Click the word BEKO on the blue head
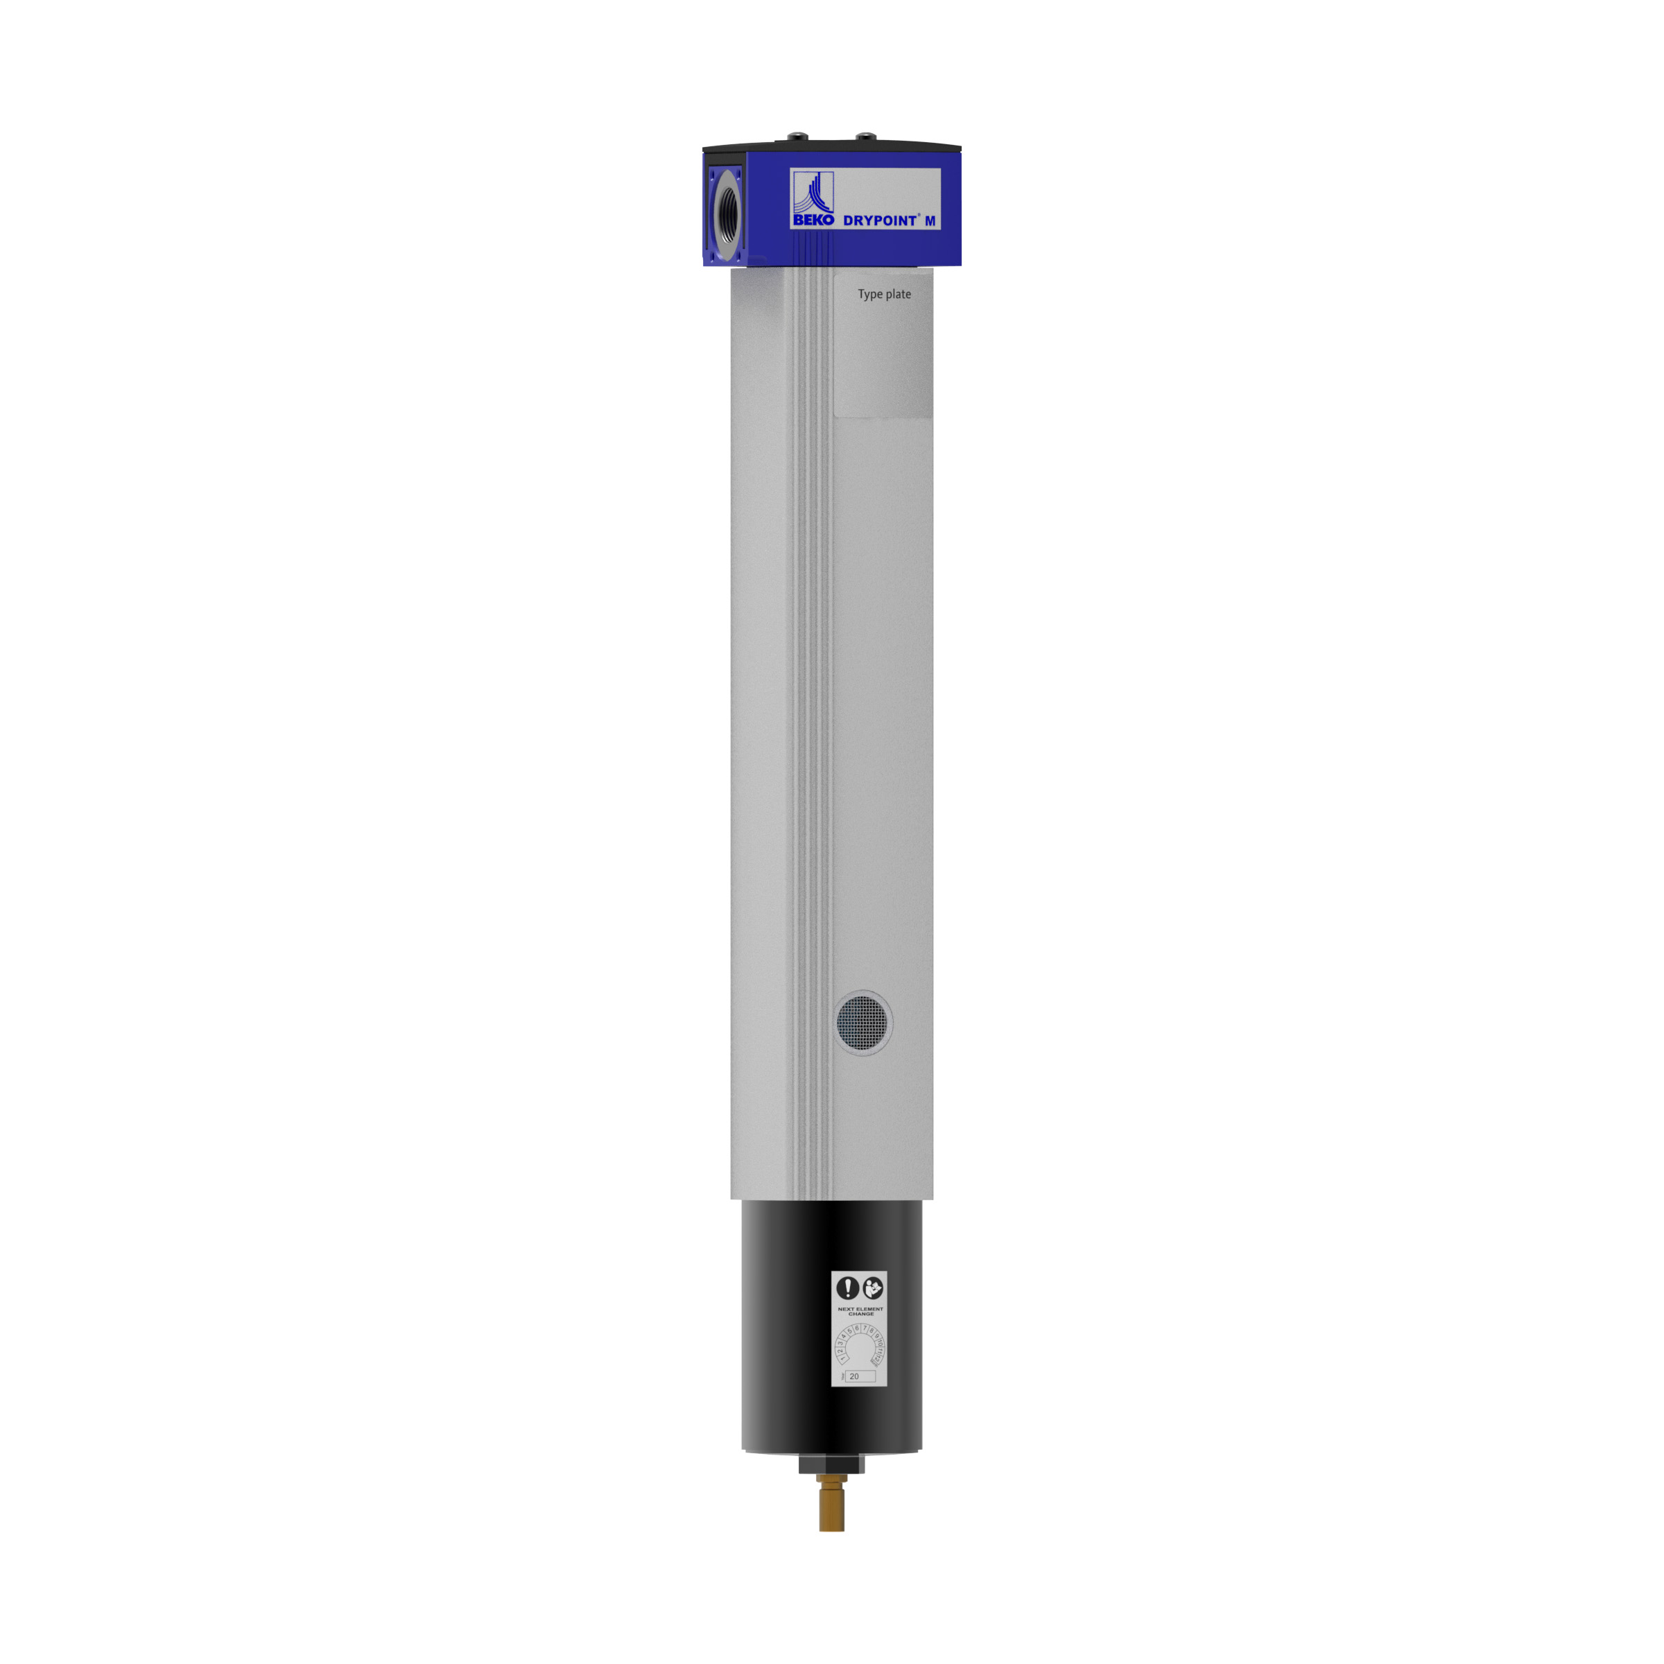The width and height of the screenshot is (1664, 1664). (x=813, y=220)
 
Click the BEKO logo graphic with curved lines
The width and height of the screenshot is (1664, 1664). (x=813, y=193)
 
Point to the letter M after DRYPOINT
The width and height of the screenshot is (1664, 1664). (x=930, y=220)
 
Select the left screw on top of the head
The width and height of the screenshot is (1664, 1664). (x=797, y=136)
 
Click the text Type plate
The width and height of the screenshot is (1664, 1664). (x=884, y=295)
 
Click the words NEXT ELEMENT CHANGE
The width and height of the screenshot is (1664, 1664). (x=860, y=1312)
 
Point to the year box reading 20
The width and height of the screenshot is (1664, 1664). (x=860, y=1376)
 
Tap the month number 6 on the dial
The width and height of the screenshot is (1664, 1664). (x=857, y=1329)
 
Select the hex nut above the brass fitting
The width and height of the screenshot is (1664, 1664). (x=831, y=1465)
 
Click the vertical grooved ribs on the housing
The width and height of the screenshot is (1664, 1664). (x=811, y=732)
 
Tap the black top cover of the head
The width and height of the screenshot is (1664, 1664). (x=831, y=146)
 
